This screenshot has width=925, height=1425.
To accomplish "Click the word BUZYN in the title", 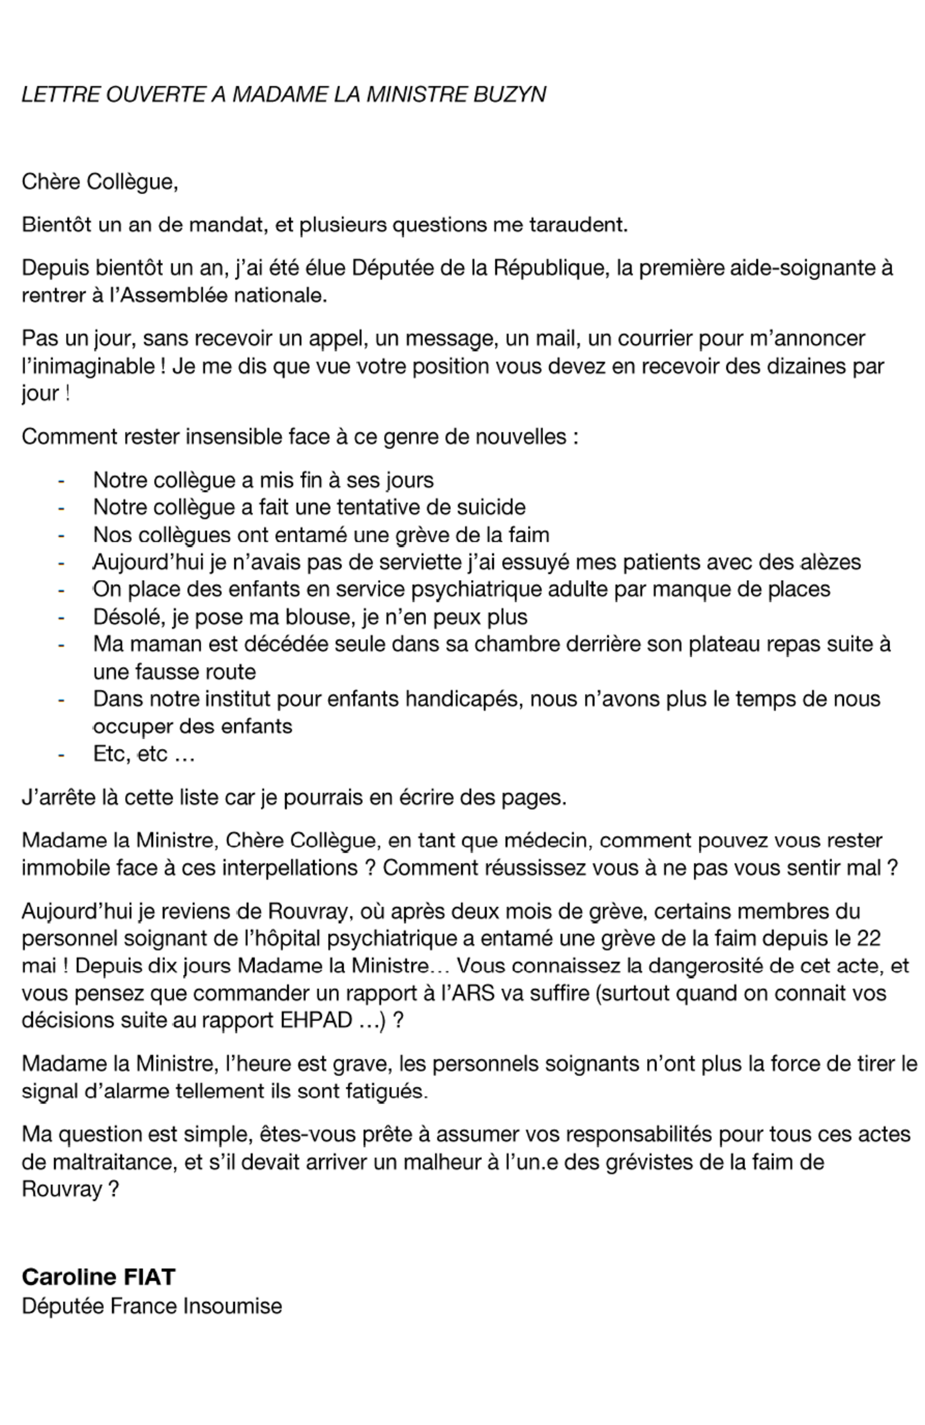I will point(509,95).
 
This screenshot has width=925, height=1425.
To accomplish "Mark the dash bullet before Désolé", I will point(61,617).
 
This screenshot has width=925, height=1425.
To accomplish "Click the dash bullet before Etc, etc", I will point(61,754).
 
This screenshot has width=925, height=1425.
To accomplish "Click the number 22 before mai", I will point(868,938).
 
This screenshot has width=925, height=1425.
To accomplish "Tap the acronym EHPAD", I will point(317,1020).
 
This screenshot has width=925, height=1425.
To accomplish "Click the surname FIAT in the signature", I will point(150,1277).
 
